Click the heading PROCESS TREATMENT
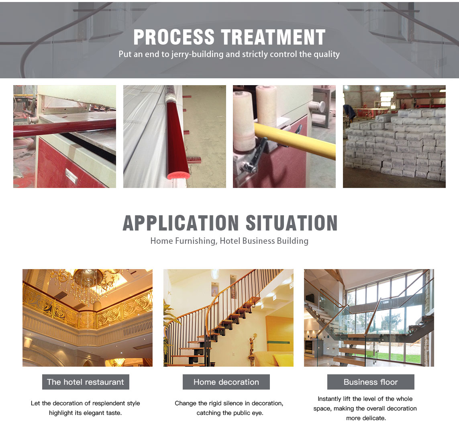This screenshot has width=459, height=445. pos(229,37)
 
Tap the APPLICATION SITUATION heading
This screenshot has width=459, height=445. pos(230,223)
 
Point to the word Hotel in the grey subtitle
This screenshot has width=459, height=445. pos(230,241)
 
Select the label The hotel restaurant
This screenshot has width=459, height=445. pos(86,382)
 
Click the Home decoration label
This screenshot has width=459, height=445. pos(226,382)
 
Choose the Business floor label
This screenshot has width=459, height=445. pos(371,382)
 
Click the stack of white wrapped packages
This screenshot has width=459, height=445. pos(395,143)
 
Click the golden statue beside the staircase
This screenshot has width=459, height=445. pos(252,348)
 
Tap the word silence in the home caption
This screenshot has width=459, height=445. pos(233,403)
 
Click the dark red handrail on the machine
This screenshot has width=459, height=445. pos(64,128)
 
